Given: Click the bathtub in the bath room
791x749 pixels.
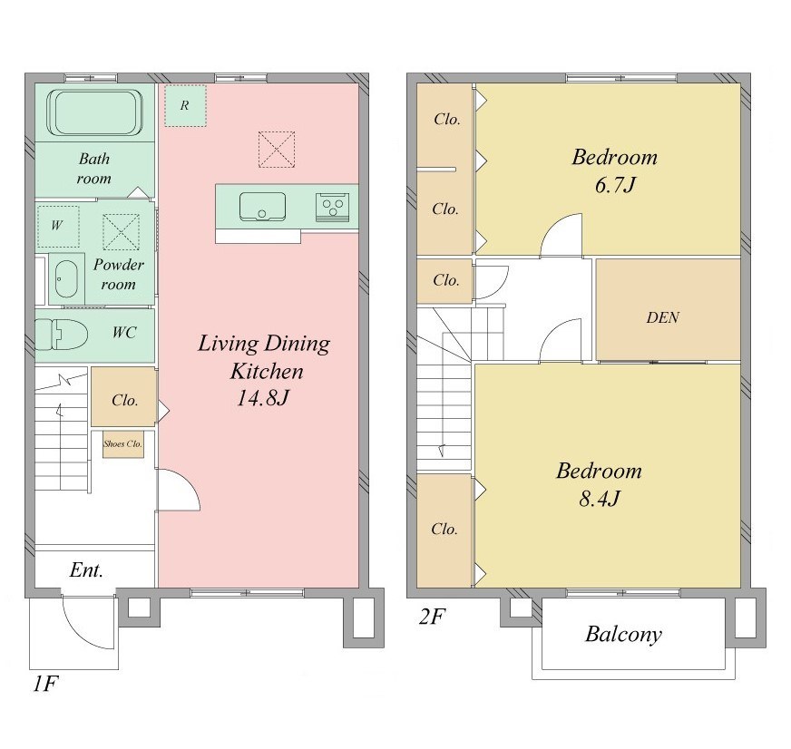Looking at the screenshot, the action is [94, 112].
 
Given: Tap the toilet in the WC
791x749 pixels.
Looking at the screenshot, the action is [61, 334].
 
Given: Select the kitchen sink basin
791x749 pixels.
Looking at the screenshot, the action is [262, 206].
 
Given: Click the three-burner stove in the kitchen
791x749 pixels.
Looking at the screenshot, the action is [332, 207].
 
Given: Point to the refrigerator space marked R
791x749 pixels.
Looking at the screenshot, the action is [185, 105].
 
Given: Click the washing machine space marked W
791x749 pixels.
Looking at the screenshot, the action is [58, 226].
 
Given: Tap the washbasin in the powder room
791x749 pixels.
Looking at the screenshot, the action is [65, 279].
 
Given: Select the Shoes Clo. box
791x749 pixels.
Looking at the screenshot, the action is [123, 443].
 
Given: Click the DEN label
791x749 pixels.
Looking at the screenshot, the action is [663, 317].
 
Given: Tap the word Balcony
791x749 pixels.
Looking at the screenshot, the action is [623, 635].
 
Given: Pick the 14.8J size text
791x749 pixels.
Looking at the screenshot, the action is [263, 398].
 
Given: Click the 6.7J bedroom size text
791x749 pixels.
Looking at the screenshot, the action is [614, 185].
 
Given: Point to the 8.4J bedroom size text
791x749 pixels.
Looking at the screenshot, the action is [599, 499].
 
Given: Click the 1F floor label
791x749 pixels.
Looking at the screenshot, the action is [46, 684].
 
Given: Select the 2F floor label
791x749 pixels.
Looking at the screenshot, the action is [432, 616].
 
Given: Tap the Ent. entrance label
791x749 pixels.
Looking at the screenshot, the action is [86, 570].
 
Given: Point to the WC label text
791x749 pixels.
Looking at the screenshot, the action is [124, 333].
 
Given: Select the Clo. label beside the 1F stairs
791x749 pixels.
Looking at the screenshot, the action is [124, 401].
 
